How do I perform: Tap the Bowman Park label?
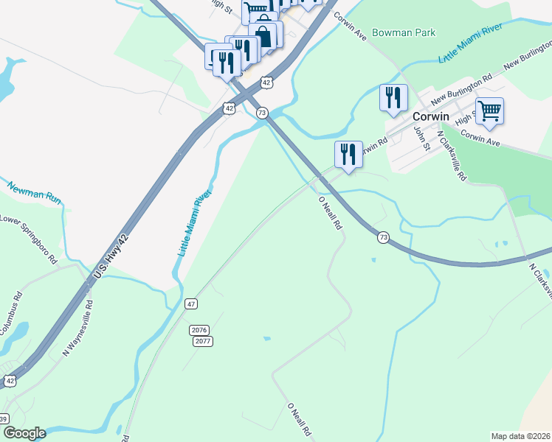[403, 32]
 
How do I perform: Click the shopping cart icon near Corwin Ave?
[489, 112]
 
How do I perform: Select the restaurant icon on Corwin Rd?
[348, 155]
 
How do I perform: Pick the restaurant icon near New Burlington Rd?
[393, 98]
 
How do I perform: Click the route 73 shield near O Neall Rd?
[382, 237]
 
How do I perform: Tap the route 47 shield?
[191, 304]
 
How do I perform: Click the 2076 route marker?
[199, 330]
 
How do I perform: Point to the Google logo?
[24, 433]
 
